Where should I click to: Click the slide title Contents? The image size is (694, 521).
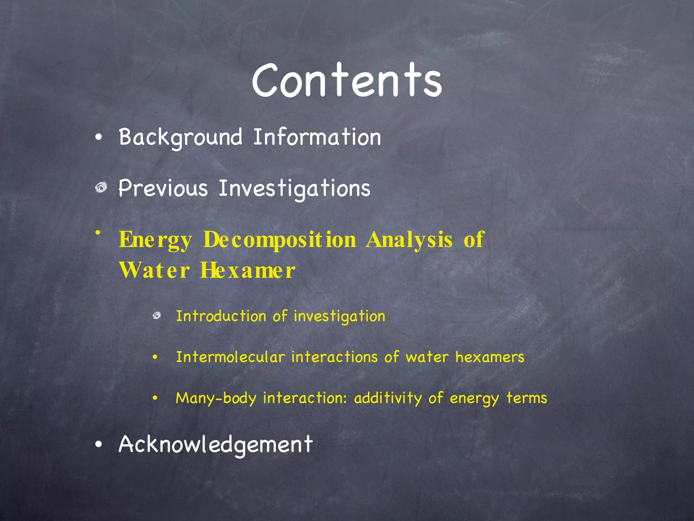[347, 80]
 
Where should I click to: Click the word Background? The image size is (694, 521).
[181, 137]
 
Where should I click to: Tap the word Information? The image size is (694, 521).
[317, 137]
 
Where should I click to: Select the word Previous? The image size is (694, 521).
[163, 188]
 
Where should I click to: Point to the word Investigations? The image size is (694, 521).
[294, 189]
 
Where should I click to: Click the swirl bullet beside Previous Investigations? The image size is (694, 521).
[101, 187]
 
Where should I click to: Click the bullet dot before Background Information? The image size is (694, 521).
[98, 137]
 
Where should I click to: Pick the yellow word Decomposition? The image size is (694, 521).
[280, 240]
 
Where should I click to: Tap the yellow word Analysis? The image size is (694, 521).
[409, 240]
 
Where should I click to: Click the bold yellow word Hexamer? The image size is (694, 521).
[247, 270]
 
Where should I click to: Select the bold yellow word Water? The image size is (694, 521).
[154, 270]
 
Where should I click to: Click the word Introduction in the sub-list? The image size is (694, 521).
[221, 316]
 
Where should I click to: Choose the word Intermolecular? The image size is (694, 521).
[230, 357]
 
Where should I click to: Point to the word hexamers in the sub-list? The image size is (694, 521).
[490, 357]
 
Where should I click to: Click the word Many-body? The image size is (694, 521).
[216, 398]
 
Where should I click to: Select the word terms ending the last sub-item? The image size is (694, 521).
[527, 398]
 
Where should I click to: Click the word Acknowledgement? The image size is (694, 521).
[216, 444]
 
